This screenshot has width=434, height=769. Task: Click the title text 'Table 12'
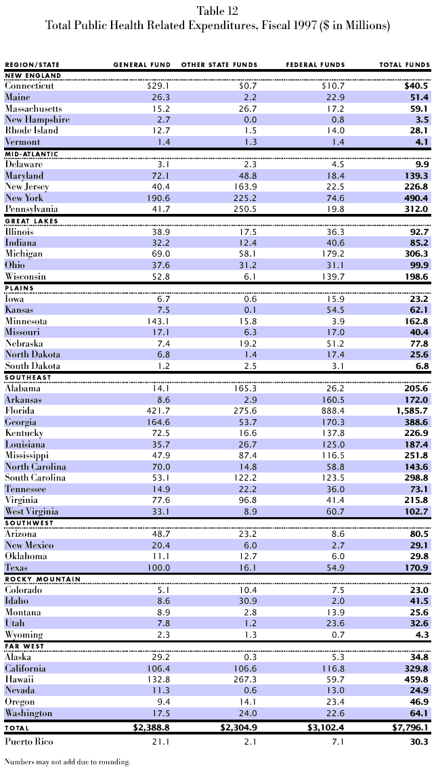click(x=217, y=10)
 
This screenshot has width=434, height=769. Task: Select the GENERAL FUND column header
click(x=142, y=65)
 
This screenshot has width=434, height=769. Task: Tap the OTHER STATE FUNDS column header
click(x=219, y=65)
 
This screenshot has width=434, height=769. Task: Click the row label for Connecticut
click(x=29, y=87)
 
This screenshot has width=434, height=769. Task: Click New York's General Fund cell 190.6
click(x=158, y=198)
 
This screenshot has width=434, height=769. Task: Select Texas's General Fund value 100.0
click(x=158, y=567)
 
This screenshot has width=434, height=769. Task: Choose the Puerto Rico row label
click(x=26, y=741)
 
